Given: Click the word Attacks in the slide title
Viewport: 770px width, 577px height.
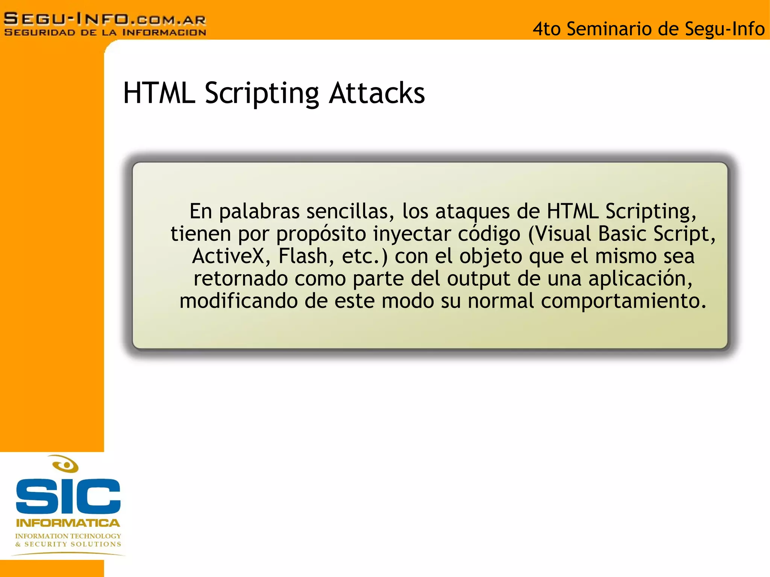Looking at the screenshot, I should pyautogui.click(x=377, y=93).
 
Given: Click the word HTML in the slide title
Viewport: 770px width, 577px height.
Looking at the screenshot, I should pyautogui.click(x=159, y=93).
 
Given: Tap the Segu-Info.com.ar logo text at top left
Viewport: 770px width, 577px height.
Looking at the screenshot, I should pyautogui.click(x=105, y=19).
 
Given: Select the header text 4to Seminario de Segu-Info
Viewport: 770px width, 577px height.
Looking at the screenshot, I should pyautogui.click(x=649, y=29).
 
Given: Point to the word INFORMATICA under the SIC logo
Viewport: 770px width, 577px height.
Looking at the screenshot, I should pyautogui.click(x=68, y=523).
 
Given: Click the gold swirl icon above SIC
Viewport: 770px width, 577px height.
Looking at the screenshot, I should pyautogui.click(x=65, y=464).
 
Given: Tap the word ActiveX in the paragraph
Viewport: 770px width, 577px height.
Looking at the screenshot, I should pyautogui.click(x=228, y=256).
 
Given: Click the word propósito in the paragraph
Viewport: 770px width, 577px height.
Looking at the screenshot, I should pyautogui.click(x=321, y=234).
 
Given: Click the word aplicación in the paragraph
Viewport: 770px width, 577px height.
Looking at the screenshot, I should pyautogui.click(x=640, y=279).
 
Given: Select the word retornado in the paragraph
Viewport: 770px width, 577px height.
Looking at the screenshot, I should pyautogui.click(x=241, y=279).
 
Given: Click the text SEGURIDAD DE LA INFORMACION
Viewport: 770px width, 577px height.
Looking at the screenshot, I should pyautogui.click(x=105, y=33).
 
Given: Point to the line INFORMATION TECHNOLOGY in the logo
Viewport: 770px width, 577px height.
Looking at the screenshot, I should pyautogui.click(x=68, y=536).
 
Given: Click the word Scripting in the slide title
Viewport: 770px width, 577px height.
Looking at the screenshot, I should pyautogui.click(x=262, y=93).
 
